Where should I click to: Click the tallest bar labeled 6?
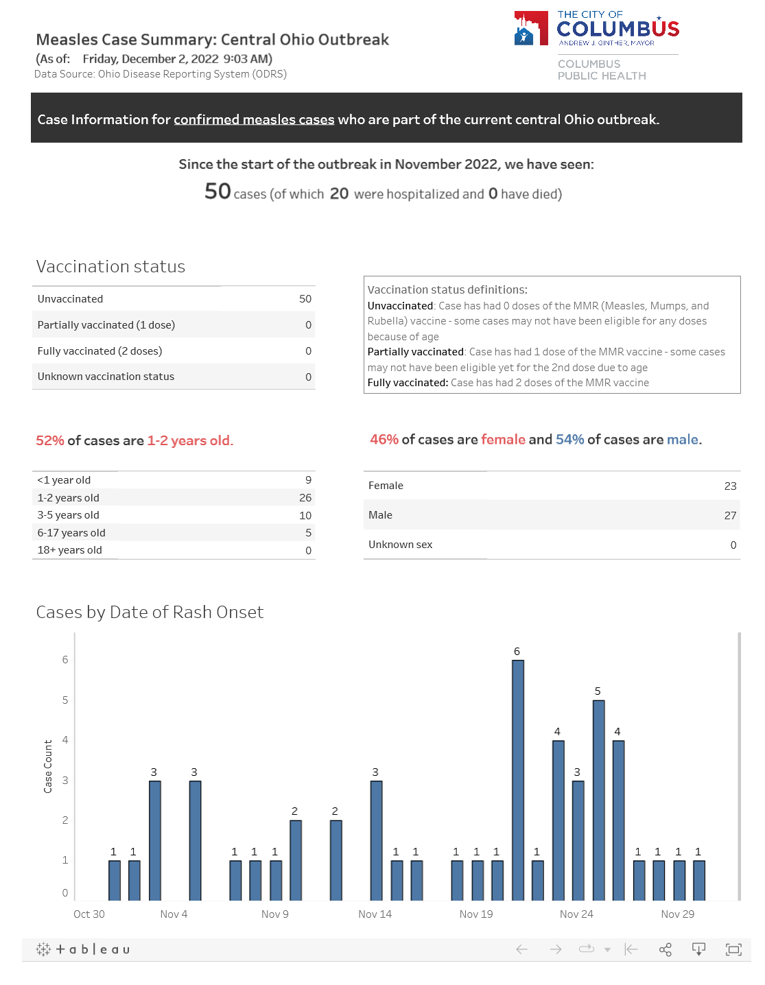click(518, 779)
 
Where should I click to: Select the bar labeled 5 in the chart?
click(598, 799)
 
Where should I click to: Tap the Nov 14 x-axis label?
click(375, 914)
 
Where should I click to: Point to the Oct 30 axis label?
click(89, 914)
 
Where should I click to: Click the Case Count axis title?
click(48, 766)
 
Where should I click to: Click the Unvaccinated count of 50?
click(305, 299)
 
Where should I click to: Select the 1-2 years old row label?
click(69, 498)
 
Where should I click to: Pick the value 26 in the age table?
click(305, 498)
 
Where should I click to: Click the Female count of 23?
click(730, 486)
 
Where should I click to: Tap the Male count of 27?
click(730, 516)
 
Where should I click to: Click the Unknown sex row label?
click(401, 545)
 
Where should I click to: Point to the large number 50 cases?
click(217, 191)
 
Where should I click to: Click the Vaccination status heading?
click(110, 267)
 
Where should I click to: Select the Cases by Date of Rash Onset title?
click(150, 613)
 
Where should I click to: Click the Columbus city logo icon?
click(531, 28)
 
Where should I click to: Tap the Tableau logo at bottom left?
click(83, 949)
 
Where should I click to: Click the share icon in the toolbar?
click(665, 949)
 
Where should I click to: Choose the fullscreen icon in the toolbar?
click(733, 949)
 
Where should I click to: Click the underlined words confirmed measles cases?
click(254, 120)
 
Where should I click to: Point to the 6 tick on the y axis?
click(65, 660)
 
